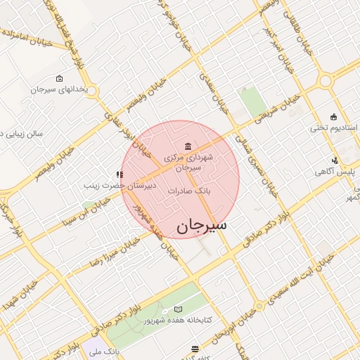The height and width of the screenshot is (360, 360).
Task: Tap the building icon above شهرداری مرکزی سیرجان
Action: click(x=187, y=146)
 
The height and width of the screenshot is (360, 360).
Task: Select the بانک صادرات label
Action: click(x=189, y=191)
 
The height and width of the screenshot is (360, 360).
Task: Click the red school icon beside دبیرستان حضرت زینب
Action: click(x=121, y=174)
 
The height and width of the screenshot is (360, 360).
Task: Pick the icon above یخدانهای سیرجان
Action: click(x=59, y=79)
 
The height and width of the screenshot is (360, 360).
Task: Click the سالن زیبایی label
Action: click(x=21, y=132)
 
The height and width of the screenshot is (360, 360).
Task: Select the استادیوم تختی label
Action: click(x=334, y=129)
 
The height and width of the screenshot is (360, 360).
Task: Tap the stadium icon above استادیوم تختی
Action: click(x=333, y=117)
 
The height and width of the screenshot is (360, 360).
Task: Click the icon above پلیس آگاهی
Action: click(x=335, y=160)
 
